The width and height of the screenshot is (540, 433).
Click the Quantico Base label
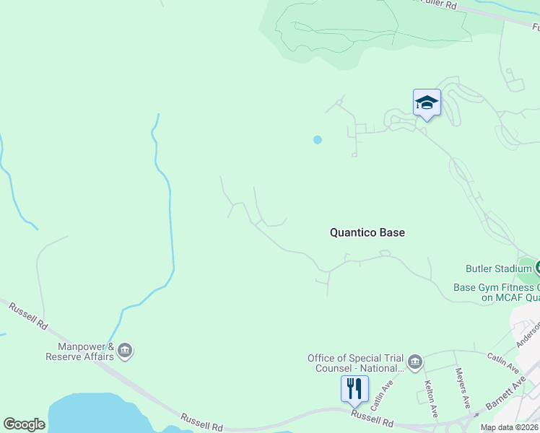point(367,232)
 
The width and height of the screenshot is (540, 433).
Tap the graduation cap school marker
point(427,104)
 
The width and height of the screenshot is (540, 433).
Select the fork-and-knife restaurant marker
point(354,389)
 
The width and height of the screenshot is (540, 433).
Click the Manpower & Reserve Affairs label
point(79,351)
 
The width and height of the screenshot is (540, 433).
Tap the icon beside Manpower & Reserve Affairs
point(125,351)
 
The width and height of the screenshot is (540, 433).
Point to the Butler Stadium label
point(498,269)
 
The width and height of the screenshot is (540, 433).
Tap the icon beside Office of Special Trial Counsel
point(414,362)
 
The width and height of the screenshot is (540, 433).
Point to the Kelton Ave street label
point(431,398)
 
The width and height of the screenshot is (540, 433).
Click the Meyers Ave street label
point(462,386)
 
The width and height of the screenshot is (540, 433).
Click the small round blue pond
point(317,139)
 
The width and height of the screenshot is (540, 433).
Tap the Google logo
point(24,424)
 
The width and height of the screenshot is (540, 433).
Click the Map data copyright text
point(509,427)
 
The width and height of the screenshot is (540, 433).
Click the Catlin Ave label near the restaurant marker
point(380,390)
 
